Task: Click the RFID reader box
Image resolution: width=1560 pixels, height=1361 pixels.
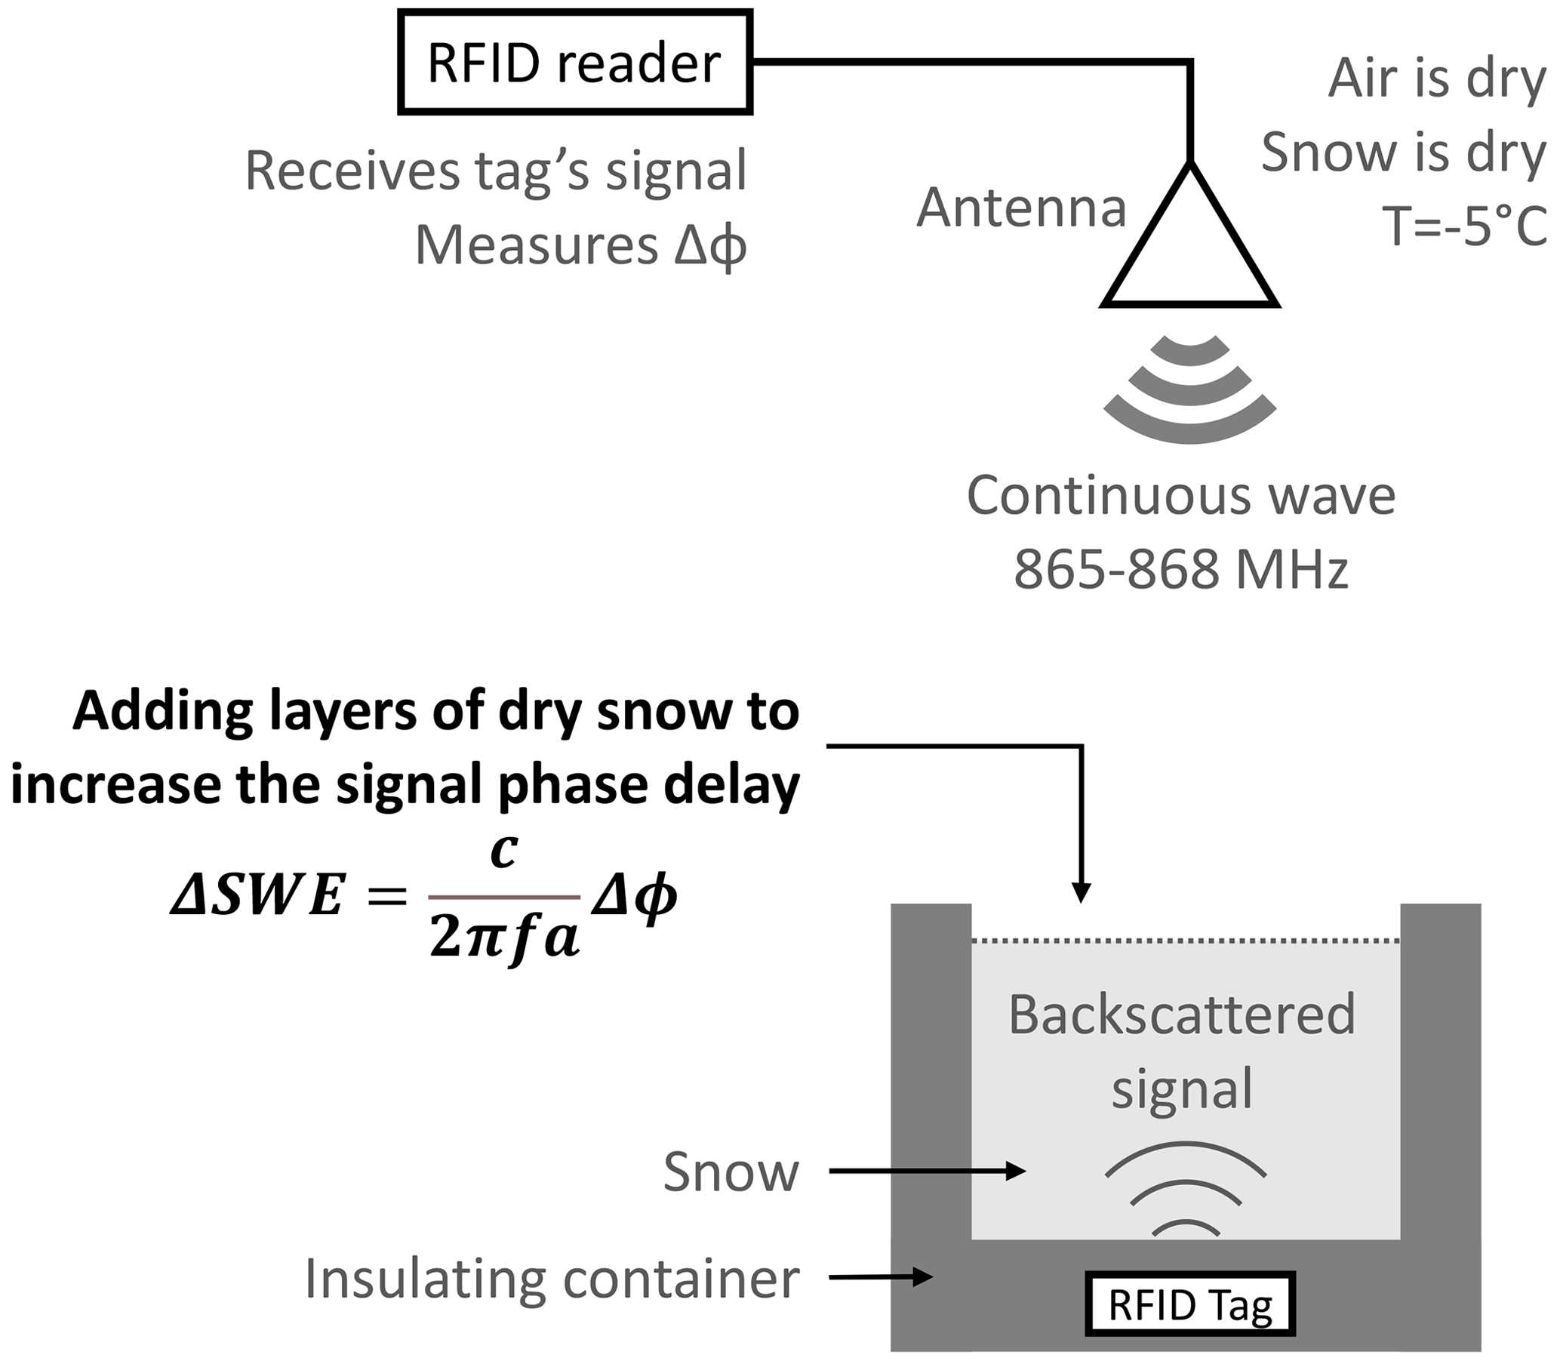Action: [575, 63]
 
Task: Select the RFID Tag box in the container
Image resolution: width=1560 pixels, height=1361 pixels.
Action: [1189, 1305]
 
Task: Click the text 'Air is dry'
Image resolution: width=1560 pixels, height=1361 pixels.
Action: [1437, 79]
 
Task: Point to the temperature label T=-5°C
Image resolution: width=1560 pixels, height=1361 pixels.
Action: [1464, 226]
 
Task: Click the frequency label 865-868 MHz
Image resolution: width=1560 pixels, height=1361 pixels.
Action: [1180, 569]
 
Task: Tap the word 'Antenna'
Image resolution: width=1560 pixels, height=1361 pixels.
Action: [1022, 208]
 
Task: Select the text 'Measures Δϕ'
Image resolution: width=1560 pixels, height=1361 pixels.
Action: [580, 246]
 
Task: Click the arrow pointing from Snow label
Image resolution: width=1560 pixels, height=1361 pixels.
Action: [927, 1171]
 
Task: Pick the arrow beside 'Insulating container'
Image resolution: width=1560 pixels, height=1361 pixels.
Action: [881, 1276]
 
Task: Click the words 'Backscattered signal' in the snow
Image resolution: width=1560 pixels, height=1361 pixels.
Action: [1182, 1052]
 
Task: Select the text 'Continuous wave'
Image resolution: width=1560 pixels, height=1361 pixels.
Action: [1180, 496]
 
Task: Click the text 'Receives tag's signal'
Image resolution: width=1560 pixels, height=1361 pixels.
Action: [496, 171]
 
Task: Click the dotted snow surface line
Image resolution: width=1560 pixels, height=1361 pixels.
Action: [1186, 941]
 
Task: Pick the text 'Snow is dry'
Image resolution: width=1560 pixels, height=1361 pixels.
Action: [1404, 152]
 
